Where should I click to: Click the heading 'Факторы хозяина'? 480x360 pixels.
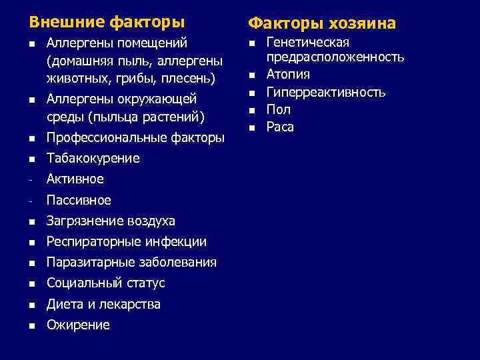[x=322, y=23]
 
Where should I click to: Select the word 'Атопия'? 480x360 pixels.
[x=288, y=74]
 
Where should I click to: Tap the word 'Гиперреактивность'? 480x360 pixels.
[x=325, y=92]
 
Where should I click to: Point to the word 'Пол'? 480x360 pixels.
[x=278, y=109]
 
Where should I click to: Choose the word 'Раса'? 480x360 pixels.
[x=280, y=127]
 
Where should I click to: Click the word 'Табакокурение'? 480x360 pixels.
[x=93, y=159]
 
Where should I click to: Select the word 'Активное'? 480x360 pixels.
[x=75, y=179]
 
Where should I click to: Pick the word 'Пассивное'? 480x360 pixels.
[x=79, y=200]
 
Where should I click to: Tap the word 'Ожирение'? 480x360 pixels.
[x=78, y=325]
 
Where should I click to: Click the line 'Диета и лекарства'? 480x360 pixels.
[x=103, y=305]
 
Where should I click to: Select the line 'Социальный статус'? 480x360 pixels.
[x=105, y=283]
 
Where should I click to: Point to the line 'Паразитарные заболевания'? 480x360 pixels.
[x=131, y=263]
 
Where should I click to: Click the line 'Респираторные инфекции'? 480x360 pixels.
[x=126, y=242]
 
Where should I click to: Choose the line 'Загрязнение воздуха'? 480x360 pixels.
[x=111, y=221]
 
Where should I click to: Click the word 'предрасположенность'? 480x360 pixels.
[x=335, y=57]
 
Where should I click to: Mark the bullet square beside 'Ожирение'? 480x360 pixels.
[x=31, y=326]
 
